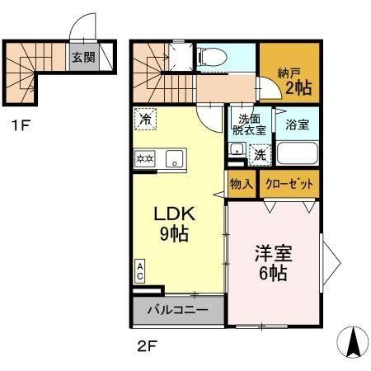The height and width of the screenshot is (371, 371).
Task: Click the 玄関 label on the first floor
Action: (x=80, y=58)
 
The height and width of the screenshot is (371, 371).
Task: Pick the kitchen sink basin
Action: (x=176, y=157)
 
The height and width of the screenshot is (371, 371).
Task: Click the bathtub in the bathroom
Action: (x=296, y=153)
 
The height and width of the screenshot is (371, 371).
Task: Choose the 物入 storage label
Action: (x=242, y=183)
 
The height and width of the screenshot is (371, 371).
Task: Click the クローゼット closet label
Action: (x=289, y=183)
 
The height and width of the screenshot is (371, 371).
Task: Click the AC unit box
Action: (x=140, y=270)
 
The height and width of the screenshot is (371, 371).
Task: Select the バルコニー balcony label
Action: (x=176, y=311)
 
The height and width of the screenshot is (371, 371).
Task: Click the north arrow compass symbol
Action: (x=354, y=340)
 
